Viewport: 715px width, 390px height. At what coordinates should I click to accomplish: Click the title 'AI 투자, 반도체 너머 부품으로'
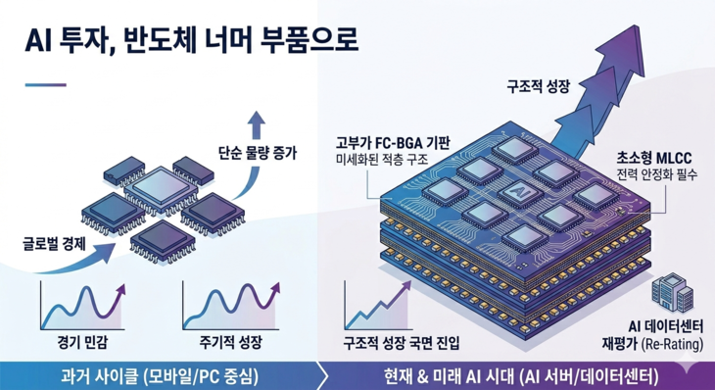[186, 41]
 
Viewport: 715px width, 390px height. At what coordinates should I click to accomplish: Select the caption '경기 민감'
[80, 344]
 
